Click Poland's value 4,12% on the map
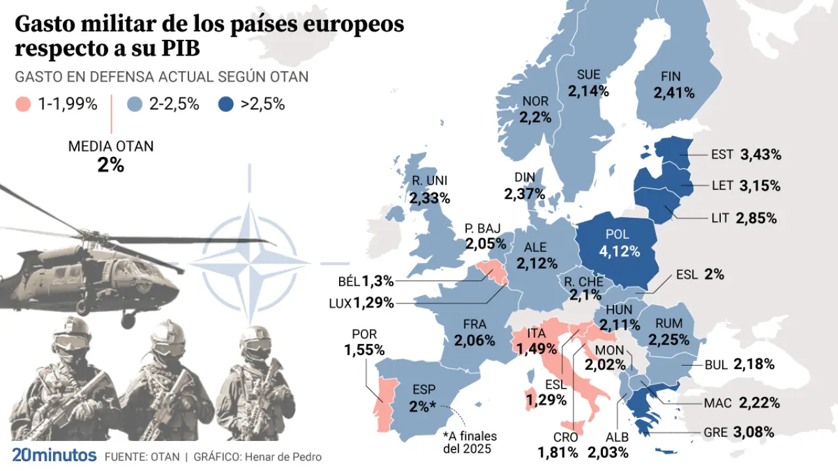619,250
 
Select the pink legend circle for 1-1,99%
24,104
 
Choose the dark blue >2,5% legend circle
227,104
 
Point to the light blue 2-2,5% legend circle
135,104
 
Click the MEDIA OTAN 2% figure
111,165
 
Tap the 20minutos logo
54,456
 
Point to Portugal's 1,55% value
364,350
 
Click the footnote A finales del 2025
469,443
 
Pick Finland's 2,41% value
674,93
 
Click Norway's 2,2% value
536,118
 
